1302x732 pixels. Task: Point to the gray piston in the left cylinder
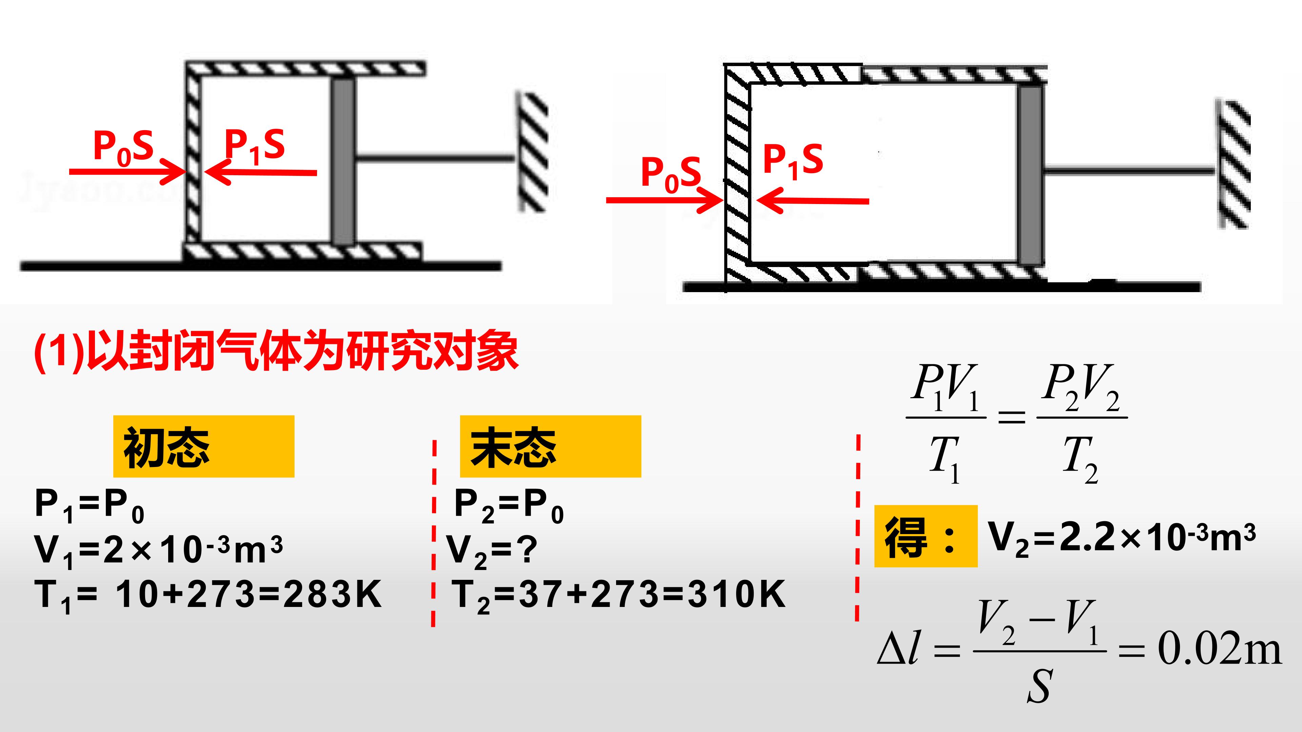pos(343,161)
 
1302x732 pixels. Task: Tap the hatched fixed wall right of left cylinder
pos(533,151)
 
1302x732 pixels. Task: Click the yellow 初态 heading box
pos(204,447)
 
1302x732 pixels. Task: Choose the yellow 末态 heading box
pos(550,447)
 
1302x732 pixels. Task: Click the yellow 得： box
pos(926,536)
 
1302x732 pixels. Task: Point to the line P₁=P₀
pos(90,507)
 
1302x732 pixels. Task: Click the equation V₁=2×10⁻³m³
pos(159,551)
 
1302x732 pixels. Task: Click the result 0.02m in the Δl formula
pos(1220,650)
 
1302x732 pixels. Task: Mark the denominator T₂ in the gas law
pos(1081,460)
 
